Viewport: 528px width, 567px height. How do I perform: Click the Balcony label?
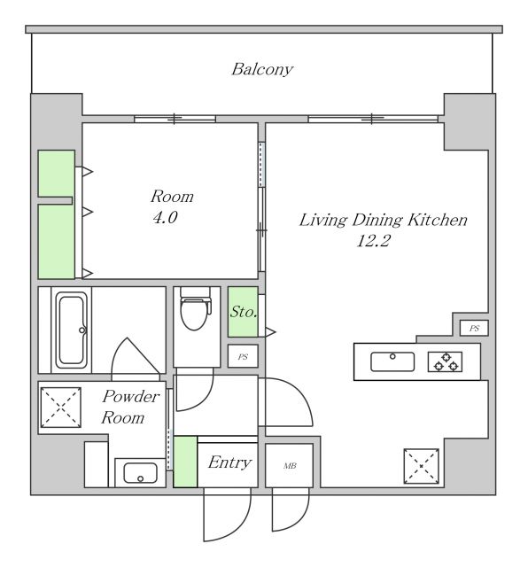tap(262, 69)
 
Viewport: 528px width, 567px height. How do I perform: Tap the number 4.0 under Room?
tap(165, 217)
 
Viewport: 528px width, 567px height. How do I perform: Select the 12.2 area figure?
tap(373, 240)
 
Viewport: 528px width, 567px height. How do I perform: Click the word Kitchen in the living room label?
tap(438, 220)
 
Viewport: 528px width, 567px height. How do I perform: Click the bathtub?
tap(72, 330)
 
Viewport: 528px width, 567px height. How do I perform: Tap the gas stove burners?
tap(446, 362)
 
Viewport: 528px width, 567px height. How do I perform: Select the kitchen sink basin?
tap(392, 361)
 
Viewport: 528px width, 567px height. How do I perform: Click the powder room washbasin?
tap(140, 473)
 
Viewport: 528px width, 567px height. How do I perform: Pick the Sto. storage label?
tap(244, 311)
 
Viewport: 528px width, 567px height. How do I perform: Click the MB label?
tap(290, 466)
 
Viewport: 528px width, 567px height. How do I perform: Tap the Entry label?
tap(229, 462)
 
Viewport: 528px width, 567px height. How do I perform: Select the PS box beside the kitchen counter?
tap(474, 328)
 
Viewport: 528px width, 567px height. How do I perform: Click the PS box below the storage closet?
tap(243, 356)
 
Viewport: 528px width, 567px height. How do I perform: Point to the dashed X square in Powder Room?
tap(60, 408)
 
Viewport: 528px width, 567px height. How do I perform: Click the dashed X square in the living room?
tap(422, 466)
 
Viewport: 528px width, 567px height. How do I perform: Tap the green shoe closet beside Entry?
tap(185, 462)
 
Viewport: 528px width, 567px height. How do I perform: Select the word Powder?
tap(130, 397)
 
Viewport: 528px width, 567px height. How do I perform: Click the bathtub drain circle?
tap(82, 330)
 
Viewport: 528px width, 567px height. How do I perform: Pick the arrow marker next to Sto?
tap(270, 331)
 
